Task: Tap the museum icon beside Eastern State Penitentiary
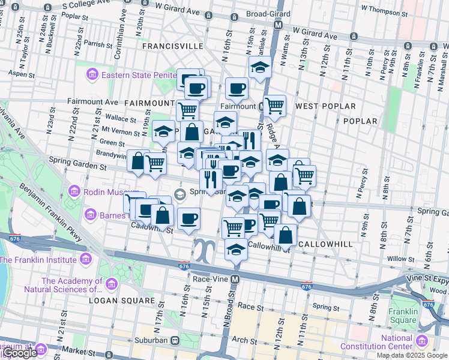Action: (x=92, y=74)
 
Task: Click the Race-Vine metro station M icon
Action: (x=236, y=280)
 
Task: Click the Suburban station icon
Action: (x=175, y=340)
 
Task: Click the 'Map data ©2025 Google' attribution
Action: (x=412, y=355)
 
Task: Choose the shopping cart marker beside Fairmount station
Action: (x=274, y=105)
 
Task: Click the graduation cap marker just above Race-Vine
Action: (x=237, y=248)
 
